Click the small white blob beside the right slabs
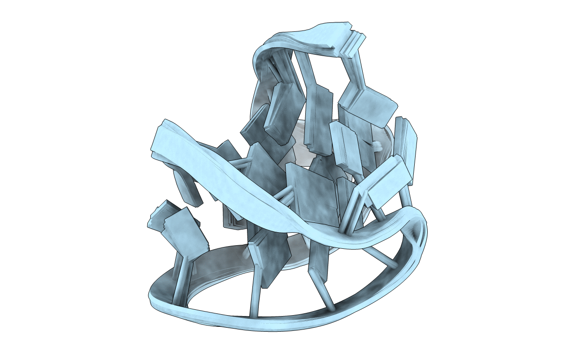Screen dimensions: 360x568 (x=377, y=146)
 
